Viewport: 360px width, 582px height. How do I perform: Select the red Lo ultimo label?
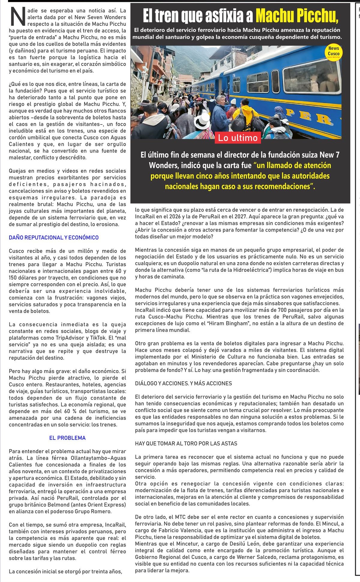(x=238, y=138)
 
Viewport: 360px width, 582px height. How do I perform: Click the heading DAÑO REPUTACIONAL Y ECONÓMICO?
(x=54, y=238)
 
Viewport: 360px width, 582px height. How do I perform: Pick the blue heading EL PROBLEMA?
(x=67, y=438)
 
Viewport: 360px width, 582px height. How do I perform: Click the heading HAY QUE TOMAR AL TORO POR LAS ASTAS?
(x=186, y=443)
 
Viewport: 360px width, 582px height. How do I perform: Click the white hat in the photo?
(x=202, y=121)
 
